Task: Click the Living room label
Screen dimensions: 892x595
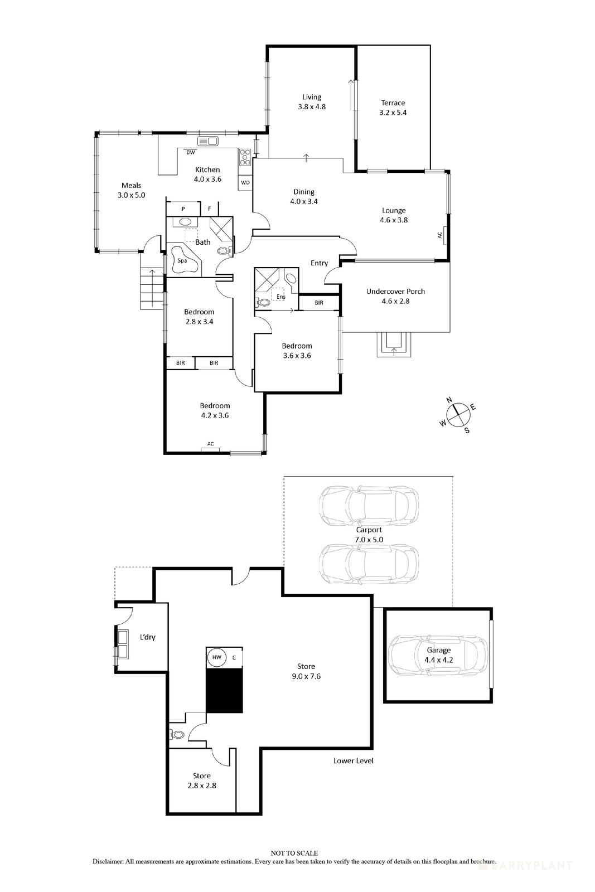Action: click(311, 101)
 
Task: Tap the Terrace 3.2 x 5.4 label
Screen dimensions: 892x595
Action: click(393, 108)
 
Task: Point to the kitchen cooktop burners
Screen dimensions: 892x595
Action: click(245, 158)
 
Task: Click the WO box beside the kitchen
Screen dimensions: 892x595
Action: click(245, 182)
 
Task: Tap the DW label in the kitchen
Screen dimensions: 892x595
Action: click(191, 152)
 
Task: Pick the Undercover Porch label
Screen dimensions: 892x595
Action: click(395, 296)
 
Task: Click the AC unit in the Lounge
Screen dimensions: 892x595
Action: click(439, 235)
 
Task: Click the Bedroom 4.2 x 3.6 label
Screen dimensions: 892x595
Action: click(215, 410)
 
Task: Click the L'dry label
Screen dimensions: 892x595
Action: click(147, 637)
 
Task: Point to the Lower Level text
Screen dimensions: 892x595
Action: click(353, 760)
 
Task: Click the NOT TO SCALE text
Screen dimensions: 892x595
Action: click(294, 853)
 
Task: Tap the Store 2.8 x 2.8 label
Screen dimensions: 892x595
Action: click(201, 780)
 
